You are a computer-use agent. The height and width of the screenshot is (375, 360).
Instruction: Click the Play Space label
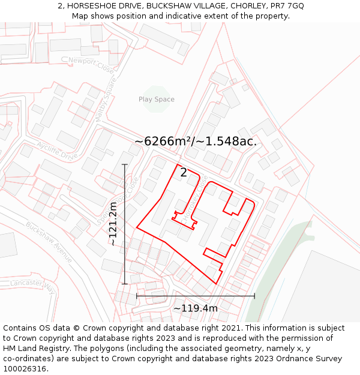pyautogui.click(x=157, y=100)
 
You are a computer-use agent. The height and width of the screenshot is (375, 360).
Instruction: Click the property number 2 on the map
pyautogui.click(x=184, y=172)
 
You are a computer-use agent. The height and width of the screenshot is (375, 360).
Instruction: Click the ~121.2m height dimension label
pyautogui.click(x=113, y=223)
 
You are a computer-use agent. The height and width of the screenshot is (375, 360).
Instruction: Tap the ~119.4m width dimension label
pyautogui.click(x=196, y=308)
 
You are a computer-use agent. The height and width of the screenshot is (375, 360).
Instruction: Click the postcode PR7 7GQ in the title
pyautogui.click(x=287, y=5)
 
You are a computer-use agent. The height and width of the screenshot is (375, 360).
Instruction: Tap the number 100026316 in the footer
pyautogui.click(x=25, y=369)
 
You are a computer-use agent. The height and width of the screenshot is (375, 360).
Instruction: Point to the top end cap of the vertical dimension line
pyautogui.click(x=125, y=164)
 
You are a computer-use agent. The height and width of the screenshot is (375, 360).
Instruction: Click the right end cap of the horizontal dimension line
pyautogui.click(x=254, y=296)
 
